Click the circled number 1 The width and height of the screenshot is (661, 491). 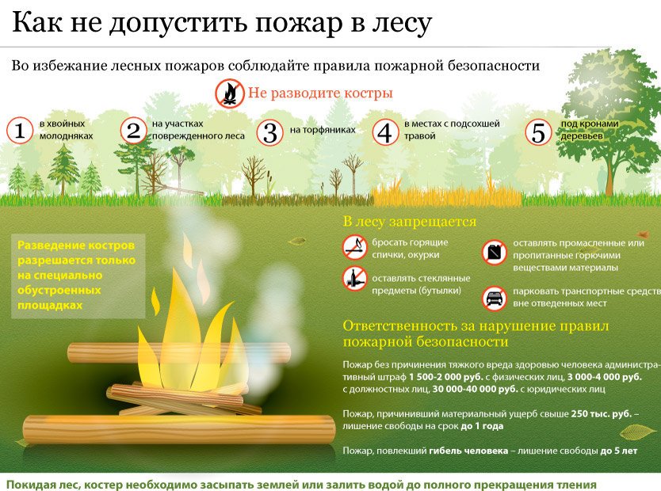[x=20, y=130]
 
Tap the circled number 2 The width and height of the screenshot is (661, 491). [x=134, y=130]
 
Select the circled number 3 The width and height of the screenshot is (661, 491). [x=269, y=132]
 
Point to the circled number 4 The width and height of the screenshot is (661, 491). [x=385, y=132]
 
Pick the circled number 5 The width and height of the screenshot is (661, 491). [x=538, y=132]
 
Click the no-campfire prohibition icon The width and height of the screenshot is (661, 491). [x=230, y=93]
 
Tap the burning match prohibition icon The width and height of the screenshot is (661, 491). [x=354, y=247]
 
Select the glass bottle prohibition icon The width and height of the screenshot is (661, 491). [x=354, y=278]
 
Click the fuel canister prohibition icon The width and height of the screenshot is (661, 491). [x=494, y=253]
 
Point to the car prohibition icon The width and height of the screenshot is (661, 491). [x=494, y=299]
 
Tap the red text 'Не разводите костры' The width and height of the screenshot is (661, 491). [x=320, y=93]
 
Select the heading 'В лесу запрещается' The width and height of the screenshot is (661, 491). [x=409, y=222]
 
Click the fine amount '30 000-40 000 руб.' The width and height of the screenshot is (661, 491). [x=475, y=389]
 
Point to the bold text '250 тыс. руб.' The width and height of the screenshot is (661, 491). [x=602, y=413]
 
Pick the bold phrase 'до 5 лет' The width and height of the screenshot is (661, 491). [x=619, y=451]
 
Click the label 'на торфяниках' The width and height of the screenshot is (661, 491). [x=323, y=130]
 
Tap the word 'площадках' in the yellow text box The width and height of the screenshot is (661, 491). [x=50, y=306]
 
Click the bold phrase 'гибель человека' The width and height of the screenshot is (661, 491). [x=468, y=451]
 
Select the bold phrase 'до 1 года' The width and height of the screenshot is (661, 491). [x=482, y=426]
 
